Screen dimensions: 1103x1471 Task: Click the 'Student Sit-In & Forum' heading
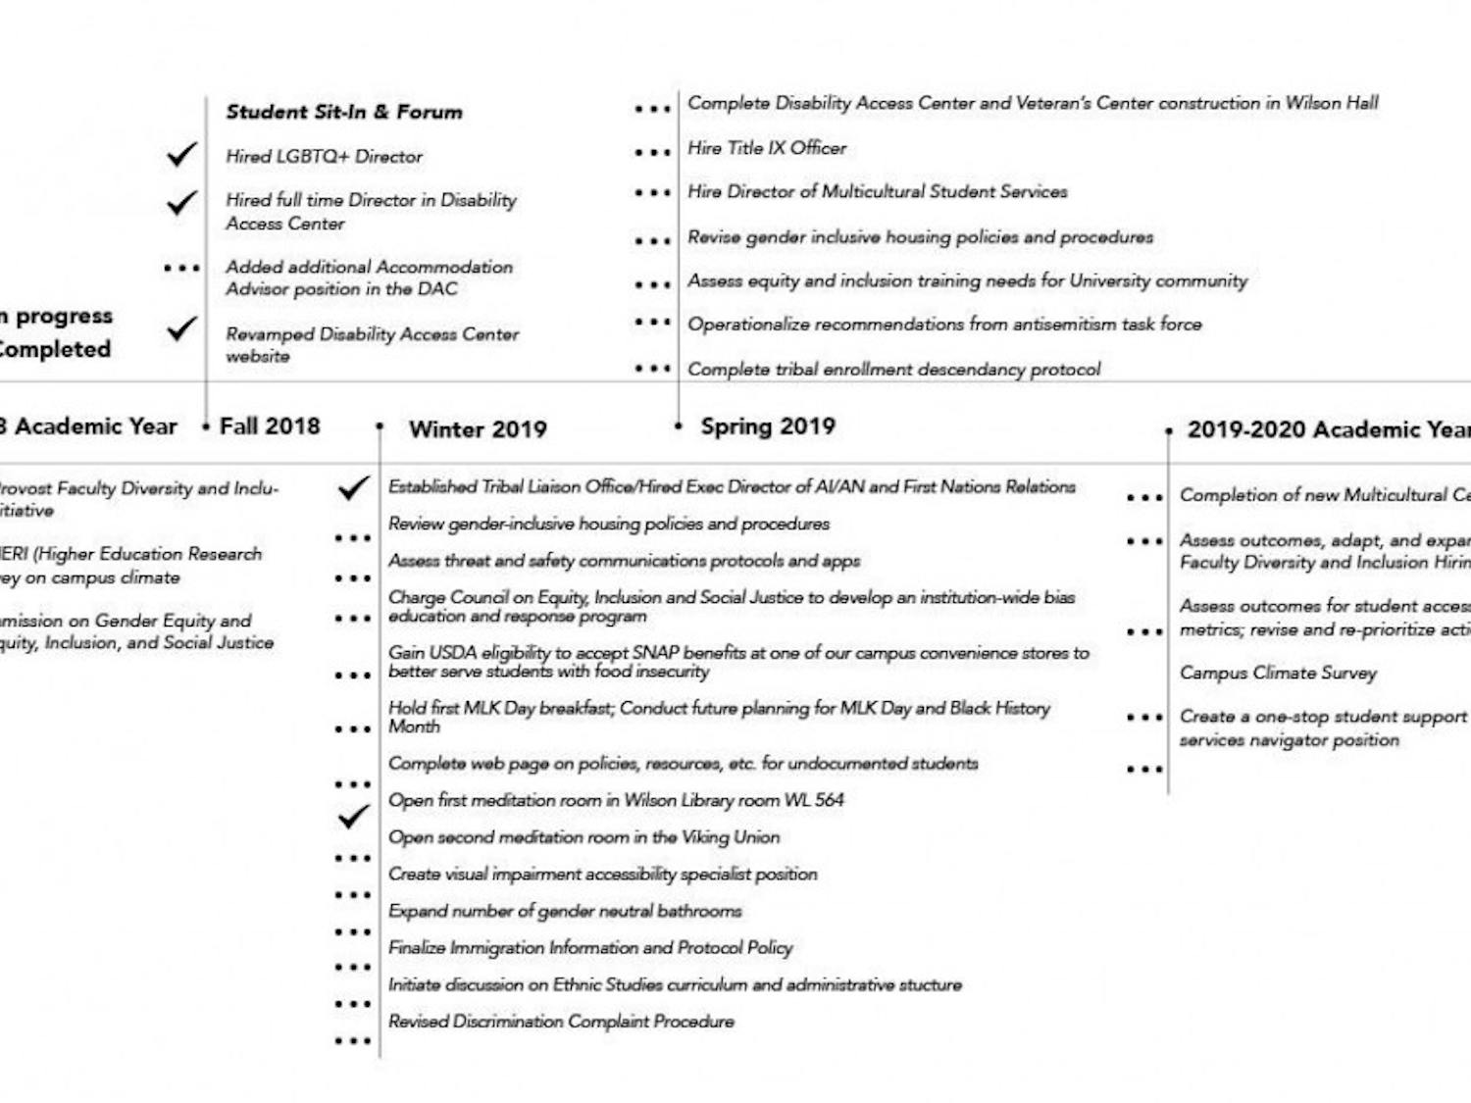[x=343, y=112]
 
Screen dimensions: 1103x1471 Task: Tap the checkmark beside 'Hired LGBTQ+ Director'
[x=181, y=155]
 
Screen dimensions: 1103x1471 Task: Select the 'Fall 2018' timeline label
[x=270, y=426]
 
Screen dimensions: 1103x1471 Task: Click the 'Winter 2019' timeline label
[x=478, y=429]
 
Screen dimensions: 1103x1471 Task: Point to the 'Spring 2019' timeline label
[x=768, y=426]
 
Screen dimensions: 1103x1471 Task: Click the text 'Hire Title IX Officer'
[x=767, y=148]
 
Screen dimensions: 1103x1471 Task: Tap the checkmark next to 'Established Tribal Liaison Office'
[x=353, y=487]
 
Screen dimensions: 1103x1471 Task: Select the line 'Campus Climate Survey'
[x=1278, y=674]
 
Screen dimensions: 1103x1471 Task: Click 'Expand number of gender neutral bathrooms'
[x=565, y=911]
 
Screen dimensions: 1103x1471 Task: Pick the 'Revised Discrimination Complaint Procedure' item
[x=561, y=1022]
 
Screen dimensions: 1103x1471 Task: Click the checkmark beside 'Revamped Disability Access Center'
[x=181, y=329]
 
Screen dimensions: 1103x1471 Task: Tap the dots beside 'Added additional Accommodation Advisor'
[x=181, y=268]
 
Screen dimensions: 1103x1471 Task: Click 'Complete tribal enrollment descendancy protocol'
[x=893, y=370]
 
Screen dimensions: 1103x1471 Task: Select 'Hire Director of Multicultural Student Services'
[x=877, y=192]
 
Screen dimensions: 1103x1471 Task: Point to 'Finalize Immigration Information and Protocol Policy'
[x=590, y=948]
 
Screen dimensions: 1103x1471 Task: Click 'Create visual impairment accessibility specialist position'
[x=602, y=875]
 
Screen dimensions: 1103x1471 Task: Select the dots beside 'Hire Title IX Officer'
[x=652, y=152]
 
